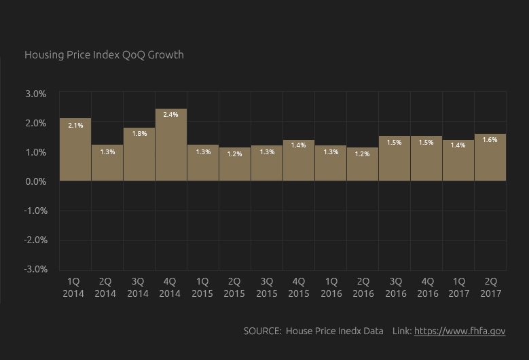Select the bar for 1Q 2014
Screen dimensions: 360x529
(x=75, y=149)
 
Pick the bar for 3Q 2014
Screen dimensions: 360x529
(x=139, y=154)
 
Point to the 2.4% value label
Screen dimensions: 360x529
(x=170, y=115)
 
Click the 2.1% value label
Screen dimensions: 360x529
(x=75, y=125)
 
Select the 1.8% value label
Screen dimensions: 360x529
(x=139, y=134)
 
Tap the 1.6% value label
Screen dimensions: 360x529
(x=490, y=140)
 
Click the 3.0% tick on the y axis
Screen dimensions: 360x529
(x=36, y=94)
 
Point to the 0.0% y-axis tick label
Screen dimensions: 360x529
(x=36, y=181)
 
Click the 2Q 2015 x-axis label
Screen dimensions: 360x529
(x=234, y=287)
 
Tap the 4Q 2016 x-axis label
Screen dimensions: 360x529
(x=428, y=287)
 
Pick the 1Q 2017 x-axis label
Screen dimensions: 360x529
(x=460, y=287)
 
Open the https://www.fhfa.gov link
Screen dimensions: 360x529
(x=460, y=331)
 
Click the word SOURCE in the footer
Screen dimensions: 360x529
(x=262, y=331)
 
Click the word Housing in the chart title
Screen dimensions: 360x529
(x=43, y=54)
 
